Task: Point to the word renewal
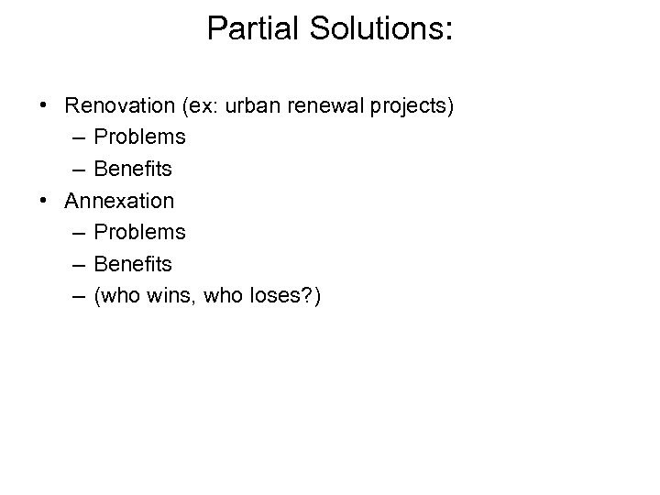pos(328,105)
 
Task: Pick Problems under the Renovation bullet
pos(139,137)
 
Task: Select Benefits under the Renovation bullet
pos(133,169)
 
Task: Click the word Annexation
pos(120,201)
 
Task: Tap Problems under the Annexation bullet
pos(139,232)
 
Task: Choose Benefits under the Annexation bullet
pos(133,264)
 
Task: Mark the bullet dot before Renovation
pos(45,106)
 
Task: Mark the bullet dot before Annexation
pos(45,201)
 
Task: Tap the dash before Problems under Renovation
pos(74,137)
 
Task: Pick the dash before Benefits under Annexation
pos(74,264)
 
